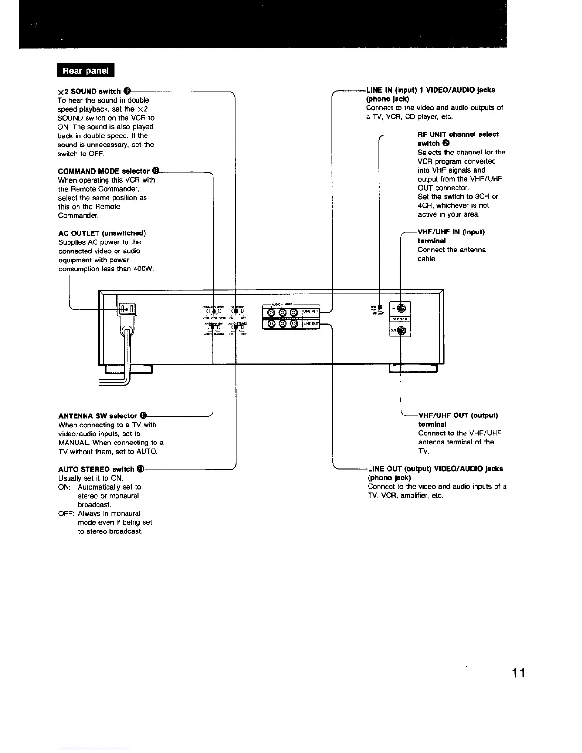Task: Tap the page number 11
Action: coord(518,674)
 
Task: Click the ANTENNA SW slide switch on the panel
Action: coord(210,327)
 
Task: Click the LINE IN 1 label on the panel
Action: coord(311,311)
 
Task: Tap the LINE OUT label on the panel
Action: coord(311,324)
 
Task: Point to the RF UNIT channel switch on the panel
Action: coord(379,309)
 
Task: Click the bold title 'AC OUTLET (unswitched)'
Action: coord(102,233)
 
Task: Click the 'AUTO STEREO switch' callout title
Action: coord(96,469)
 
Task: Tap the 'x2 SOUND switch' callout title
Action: coord(89,91)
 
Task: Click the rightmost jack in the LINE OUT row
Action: coord(294,324)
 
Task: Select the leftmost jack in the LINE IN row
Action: coord(271,312)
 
